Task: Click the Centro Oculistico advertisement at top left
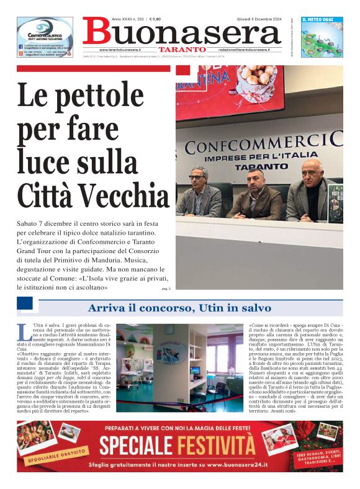[45, 37]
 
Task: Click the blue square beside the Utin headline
[24, 304]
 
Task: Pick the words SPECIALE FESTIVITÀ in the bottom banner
[177, 446]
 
